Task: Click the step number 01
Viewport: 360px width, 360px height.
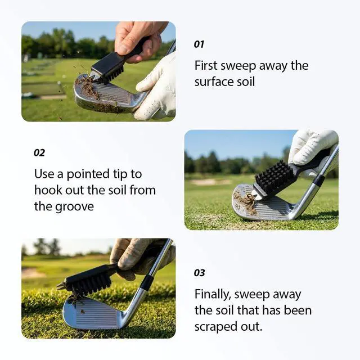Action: pyautogui.click(x=199, y=44)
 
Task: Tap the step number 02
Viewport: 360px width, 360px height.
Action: pyautogui.click(x=39, y=152)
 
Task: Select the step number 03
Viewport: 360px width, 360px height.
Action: pyautogui.click(x=199, y=273)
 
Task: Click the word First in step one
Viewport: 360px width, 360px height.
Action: pyautogui.click(x=206, y=65)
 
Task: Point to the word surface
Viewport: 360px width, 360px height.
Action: pyautogui.click(x=211, y=82)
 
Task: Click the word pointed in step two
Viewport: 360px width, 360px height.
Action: pyautogui.click(x=88, y=174)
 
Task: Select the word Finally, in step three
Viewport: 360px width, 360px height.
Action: pyautogui.click(x=213, y=294)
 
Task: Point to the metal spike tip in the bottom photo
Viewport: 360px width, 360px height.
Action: pyautogui.click(x=61, y=286)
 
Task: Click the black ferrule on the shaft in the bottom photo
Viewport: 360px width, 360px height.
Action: pyautogui.click(x=146, y=283)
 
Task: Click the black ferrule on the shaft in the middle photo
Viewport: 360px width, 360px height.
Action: pyautogui.click(x=318, y=179)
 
